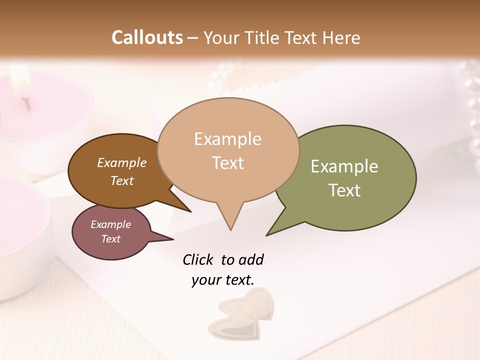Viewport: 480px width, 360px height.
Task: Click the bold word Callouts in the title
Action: (x=147, y=37)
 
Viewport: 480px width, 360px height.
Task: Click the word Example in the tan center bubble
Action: (x=227, y=139)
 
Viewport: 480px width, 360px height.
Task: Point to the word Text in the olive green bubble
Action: (x=344, y=190)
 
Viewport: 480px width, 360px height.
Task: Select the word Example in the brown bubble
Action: (x=121, y=162)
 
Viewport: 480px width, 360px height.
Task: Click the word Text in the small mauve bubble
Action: (x=110, y=239)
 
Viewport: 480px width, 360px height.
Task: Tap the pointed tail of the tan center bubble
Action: (x=230, y=222)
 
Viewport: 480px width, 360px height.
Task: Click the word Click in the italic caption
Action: (x=197, y=260)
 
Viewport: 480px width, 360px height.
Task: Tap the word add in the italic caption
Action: (x=250, y=260)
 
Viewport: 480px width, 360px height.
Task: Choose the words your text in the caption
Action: (x=222, y=280)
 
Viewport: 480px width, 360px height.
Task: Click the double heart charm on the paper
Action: (x=242, y=315)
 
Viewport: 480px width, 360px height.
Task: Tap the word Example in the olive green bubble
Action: (x=344, y=166)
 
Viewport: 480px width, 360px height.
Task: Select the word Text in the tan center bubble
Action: (x=227, y=162)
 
